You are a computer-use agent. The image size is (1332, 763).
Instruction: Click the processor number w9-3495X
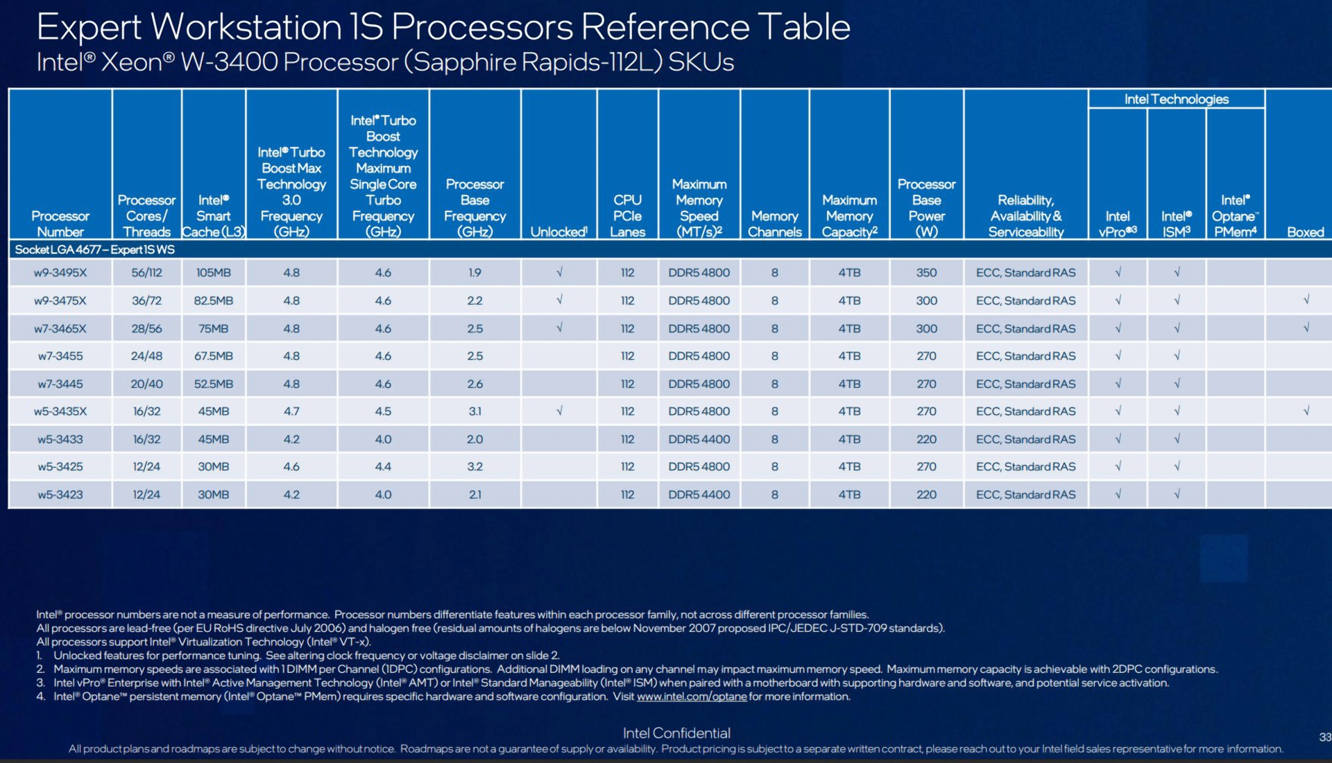(60, 273)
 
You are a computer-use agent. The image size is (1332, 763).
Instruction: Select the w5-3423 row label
(60, 495)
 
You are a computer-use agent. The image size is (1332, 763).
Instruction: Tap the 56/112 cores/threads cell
(146, 273)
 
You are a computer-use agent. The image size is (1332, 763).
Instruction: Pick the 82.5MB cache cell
(213, 300)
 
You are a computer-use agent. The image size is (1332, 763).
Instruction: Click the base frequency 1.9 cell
(475, 273)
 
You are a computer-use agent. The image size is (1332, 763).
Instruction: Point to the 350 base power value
(926, 273)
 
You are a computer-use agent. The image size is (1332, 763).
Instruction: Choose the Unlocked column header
(558, 232)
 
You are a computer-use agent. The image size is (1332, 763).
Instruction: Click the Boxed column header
(1305, 232)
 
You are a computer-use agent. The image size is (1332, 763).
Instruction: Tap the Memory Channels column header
(774, 224)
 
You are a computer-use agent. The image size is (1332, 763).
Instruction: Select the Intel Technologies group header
(1176, 99)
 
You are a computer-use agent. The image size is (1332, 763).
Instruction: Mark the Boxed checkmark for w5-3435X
(1306, 411)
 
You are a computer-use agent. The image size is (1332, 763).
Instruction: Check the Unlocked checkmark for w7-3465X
(559, 327)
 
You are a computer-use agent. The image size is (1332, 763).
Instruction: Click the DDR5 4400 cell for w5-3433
(699, 439)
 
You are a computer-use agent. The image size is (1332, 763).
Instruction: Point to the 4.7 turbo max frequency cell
(291, 411)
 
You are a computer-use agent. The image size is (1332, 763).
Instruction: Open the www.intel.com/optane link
(692, 696)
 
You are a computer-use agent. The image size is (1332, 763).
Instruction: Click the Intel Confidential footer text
(676, 733)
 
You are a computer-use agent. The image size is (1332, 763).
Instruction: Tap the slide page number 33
(1324, 737)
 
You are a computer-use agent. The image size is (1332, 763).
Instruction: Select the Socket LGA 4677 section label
(95, 250)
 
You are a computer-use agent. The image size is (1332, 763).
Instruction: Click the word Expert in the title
(89, 28)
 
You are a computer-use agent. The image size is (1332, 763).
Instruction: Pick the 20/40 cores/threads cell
(146, 384)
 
